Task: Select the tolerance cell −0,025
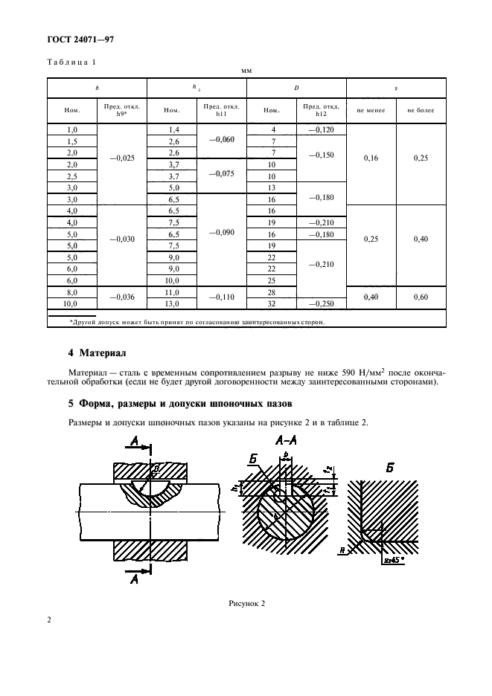coord(121,158)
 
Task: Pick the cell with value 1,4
coord(173,129)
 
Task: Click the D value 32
coord(271,304)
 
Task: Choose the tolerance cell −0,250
coord(322,304)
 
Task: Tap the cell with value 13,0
coord(173,304)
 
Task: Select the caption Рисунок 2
coord(246,604)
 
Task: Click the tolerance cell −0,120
coord(322,129)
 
